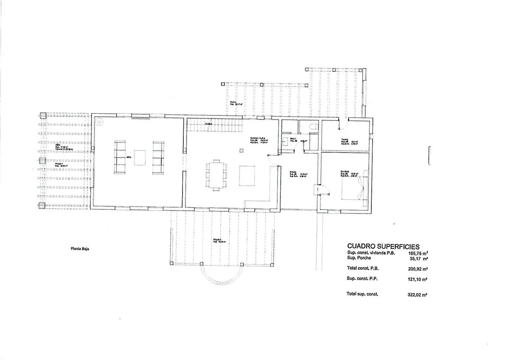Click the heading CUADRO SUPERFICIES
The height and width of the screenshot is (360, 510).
(x=383, y=247)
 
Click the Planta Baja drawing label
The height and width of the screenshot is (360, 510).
(x=80, y=249)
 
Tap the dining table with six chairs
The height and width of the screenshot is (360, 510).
(x=217, y=175)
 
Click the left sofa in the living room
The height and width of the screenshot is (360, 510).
(x=120, y=157)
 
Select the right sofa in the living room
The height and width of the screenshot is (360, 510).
(x=158, y=158)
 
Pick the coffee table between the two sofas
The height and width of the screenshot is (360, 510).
(x=140, y=157)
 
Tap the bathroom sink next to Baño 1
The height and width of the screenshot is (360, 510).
(x=286, y=141)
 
